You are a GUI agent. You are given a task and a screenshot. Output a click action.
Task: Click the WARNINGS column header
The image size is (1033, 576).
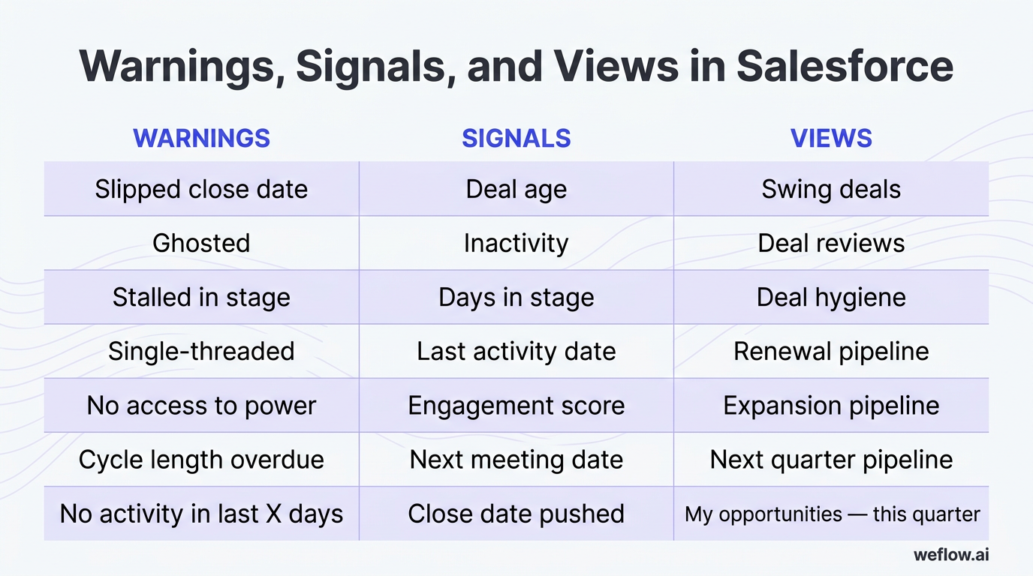[x=201, y=138]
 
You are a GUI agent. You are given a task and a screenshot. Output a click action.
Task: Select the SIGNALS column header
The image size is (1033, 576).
[x=516, y=138]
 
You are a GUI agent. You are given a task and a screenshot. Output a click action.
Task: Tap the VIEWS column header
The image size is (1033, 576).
[x=831, y=138]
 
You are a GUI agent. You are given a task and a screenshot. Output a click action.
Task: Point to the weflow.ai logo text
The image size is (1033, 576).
[x=951, y=555]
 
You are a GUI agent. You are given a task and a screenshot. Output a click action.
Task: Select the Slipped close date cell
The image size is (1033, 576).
[x=201, y=189]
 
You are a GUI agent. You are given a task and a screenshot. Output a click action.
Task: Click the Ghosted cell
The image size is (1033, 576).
[x=201, y=243]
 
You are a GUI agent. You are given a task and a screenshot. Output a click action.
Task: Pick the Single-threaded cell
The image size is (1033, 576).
[x=201, y=351]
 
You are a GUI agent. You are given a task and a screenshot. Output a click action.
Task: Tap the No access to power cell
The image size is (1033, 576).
[x=201, y=406]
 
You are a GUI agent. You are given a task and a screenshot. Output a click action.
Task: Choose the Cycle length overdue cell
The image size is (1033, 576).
[x=201, y=460]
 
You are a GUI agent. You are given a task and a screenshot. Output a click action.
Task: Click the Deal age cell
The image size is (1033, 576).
[x=516, y=189]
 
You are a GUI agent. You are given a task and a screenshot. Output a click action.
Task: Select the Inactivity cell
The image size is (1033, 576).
[x=516, y=243]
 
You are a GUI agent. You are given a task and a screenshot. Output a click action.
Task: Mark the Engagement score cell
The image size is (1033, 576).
[x=516, y=406]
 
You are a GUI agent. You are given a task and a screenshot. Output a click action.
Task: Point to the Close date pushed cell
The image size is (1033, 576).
[x=516, y=514]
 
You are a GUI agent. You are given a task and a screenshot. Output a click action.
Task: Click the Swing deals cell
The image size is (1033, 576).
[x=831, y=189]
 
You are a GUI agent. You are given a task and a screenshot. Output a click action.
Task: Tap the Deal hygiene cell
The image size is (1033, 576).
[x=831, y=297]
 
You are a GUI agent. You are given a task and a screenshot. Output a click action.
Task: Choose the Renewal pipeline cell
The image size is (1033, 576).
[x=831, y=351]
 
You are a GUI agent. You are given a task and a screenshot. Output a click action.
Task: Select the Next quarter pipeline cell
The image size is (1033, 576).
[x=831, y=460]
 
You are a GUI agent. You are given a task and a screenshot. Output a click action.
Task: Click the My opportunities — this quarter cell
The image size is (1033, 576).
[x=832, y=514]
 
